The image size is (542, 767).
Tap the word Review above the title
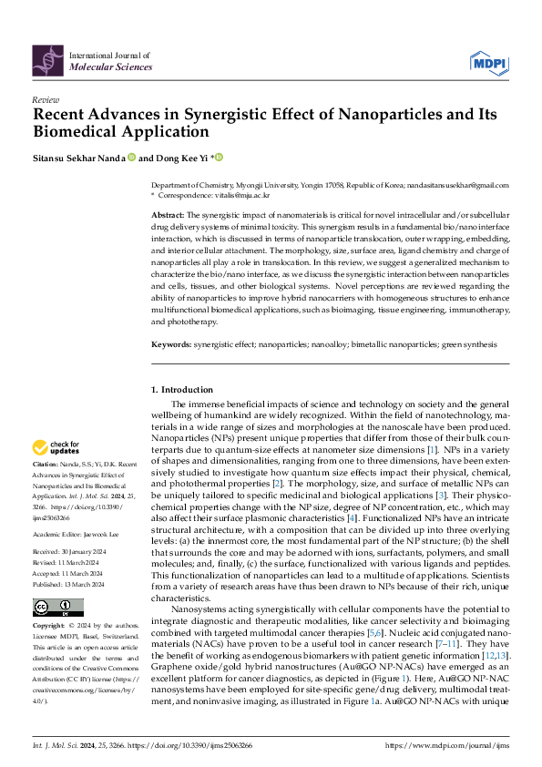click(46, 100)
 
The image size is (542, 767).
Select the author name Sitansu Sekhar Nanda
click(78, 158)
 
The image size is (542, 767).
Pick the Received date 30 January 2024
click(88, 526)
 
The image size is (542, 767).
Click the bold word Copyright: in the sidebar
click(50, 628)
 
